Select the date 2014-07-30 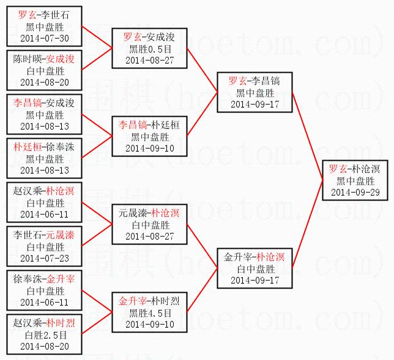pos(44,38)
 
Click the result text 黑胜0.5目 pos(150,49)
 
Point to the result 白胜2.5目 pos(44,335)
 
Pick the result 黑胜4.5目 pos(150,313)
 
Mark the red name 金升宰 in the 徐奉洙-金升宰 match pos(61,279)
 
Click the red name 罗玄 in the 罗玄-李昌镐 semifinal pos(237,81)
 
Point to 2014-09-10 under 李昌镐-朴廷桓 pos(150,148)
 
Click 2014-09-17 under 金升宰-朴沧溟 pos(255,280)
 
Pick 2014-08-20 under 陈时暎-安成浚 pos(44,82)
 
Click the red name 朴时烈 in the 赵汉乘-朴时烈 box pos(61,323)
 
